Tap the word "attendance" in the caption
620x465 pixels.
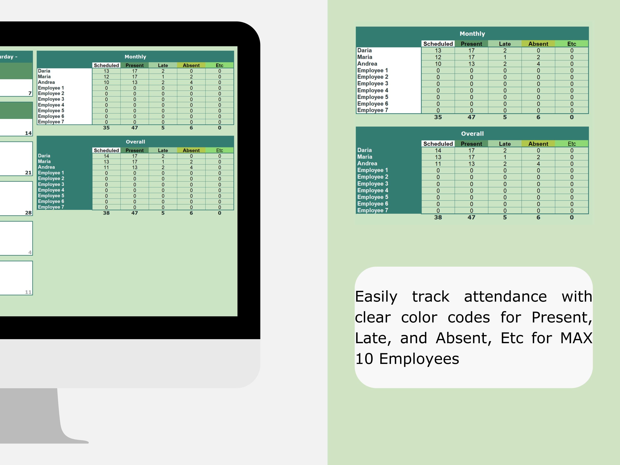point(505,297)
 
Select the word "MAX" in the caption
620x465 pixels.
point(576,338)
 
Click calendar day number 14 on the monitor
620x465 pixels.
point(28,133)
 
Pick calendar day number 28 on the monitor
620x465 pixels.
point(28,213)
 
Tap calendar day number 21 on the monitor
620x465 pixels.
point(28,173)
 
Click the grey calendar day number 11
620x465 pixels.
point(28,292)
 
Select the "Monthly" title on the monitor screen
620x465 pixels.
point(135,57)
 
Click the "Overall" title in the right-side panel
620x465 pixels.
point(472,134)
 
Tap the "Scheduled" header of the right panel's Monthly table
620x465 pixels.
point(438,44)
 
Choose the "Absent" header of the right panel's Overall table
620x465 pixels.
point(538,144)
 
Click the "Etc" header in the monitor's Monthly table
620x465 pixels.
point(219,65)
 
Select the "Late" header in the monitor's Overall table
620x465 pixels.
point(163,150)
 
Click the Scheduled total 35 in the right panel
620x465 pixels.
point(438,117)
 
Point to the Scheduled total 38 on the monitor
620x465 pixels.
point(106,213)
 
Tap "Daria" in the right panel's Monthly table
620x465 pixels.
point(364,50)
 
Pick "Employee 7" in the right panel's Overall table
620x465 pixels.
point(372,211)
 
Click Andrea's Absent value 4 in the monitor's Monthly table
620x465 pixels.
point(191,82)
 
